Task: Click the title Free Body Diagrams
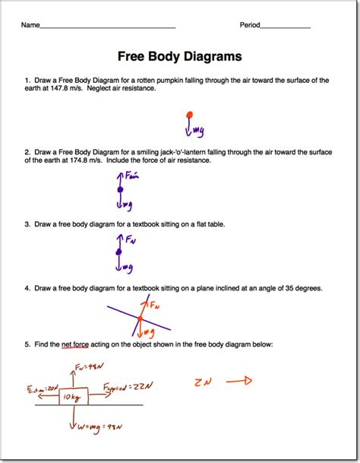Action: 180,56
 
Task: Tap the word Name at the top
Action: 30,25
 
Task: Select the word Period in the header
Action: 250,25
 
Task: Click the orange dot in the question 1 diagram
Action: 188,116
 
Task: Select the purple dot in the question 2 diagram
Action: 119,189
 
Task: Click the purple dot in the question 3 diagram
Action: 118,252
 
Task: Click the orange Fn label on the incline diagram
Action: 155,306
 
